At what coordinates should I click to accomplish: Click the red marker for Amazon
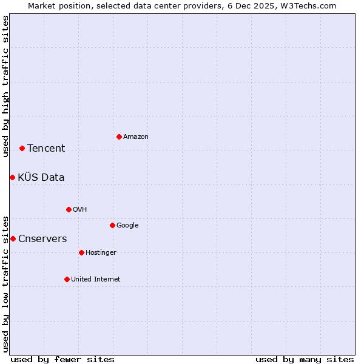tap(119, 136)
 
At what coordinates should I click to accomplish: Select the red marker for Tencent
tap(22, 148)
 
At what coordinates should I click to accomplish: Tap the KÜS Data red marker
tap(12, 177)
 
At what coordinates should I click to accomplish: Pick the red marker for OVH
tap(69, 209)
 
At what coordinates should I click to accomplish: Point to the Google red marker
tap(112, 225)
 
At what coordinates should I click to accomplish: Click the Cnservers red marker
tap(13, 238)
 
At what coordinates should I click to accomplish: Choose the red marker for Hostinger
tap(81, 252)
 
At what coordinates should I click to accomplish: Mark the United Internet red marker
tap(67, 279)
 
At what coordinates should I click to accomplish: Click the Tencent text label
tap(46, 149)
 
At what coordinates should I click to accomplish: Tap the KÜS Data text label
tap(41, 178)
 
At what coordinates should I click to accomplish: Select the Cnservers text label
tap(42, 239)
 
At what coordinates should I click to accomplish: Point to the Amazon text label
tap(136, 137)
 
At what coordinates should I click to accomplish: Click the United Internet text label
tap(96, 280)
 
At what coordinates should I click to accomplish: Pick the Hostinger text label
tap(101, 253)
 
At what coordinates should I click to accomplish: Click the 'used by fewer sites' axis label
tap(62, 359)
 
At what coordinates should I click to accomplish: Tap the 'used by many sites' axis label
tap(305, 359)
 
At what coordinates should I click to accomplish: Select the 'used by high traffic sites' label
tap(5, 86)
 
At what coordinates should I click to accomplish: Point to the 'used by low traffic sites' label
tap(5, 283)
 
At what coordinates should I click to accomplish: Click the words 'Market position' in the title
tap(54, 5)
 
